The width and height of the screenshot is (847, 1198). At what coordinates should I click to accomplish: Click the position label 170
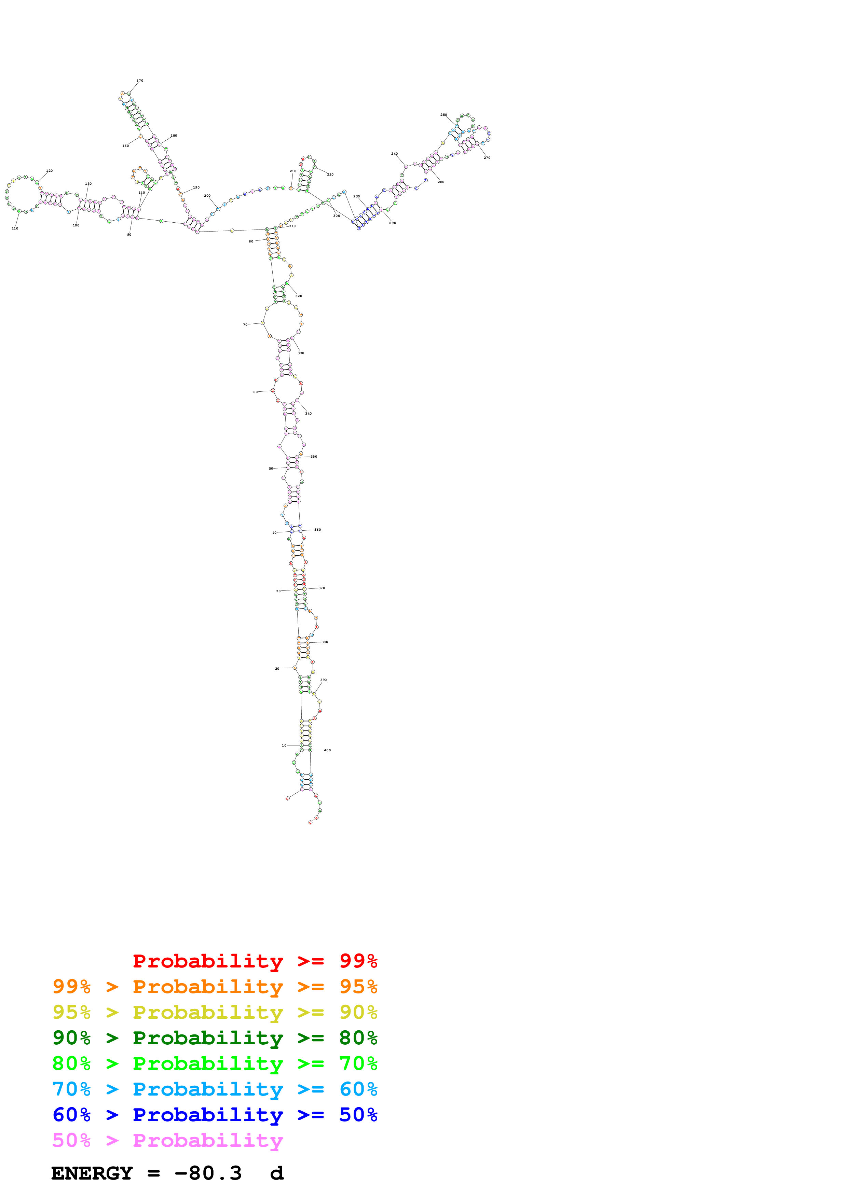coord(139,81)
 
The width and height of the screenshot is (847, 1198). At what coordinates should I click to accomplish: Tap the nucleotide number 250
coord(443,115)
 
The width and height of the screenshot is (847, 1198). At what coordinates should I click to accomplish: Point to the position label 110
coord(15,228)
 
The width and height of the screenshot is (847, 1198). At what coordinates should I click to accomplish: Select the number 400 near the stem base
coord(327,750)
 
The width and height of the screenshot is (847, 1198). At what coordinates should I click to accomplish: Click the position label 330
coord(301,353)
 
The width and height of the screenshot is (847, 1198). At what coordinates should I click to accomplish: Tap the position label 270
coord(487,157)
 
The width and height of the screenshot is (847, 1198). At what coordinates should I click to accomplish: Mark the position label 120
coord(49,171)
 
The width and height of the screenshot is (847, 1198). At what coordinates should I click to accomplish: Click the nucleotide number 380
coord(325,642)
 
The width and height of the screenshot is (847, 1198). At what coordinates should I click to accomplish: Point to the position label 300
coord(337,216)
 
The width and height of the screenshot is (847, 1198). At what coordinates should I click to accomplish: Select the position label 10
coord(284,746)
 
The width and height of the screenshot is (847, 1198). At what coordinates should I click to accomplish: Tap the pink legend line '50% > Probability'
coord(167,1141)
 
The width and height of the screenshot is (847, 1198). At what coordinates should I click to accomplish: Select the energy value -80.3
coord(208,1173)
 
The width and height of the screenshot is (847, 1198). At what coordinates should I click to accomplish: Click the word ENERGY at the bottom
coord(92,1173)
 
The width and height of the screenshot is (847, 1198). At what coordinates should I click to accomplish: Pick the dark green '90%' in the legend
coord(71,1038)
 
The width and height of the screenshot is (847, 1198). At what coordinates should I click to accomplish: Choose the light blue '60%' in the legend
coord(358,1089)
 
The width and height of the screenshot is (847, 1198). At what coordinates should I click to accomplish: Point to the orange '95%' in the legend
coord(358,987)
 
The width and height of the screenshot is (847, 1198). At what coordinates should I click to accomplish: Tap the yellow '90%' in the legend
coord(358,1012)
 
